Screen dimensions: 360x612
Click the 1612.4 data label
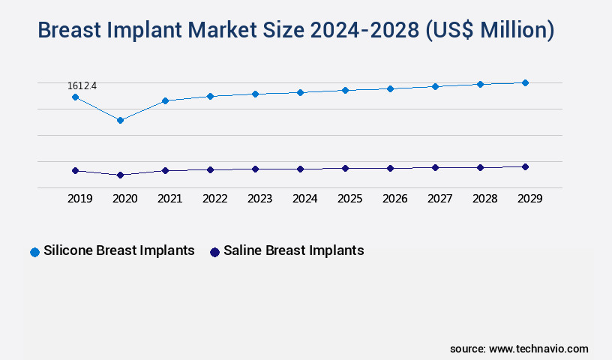(82, 86)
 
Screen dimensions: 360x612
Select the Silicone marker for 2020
(120, 120)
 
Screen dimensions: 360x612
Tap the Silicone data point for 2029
(525, 82)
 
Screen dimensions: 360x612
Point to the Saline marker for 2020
(120, 175)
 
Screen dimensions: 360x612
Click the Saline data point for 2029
(525, 166)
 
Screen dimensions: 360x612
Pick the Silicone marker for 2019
(75, 97)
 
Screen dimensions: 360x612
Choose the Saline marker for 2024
(300, 169)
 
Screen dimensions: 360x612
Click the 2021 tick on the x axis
(169, 199)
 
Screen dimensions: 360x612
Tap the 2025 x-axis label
(349, 199)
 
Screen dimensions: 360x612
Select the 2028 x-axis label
(484, 199)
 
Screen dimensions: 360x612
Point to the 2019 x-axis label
(79, 199)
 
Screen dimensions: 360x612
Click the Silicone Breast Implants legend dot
(34, 252)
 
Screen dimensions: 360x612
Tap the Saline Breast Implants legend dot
(214, 252)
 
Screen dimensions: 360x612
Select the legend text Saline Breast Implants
(293, 250)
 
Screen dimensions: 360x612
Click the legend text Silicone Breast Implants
(119, 250)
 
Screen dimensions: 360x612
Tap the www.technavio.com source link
(538, 349)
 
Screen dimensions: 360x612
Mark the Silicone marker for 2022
(210, 96)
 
